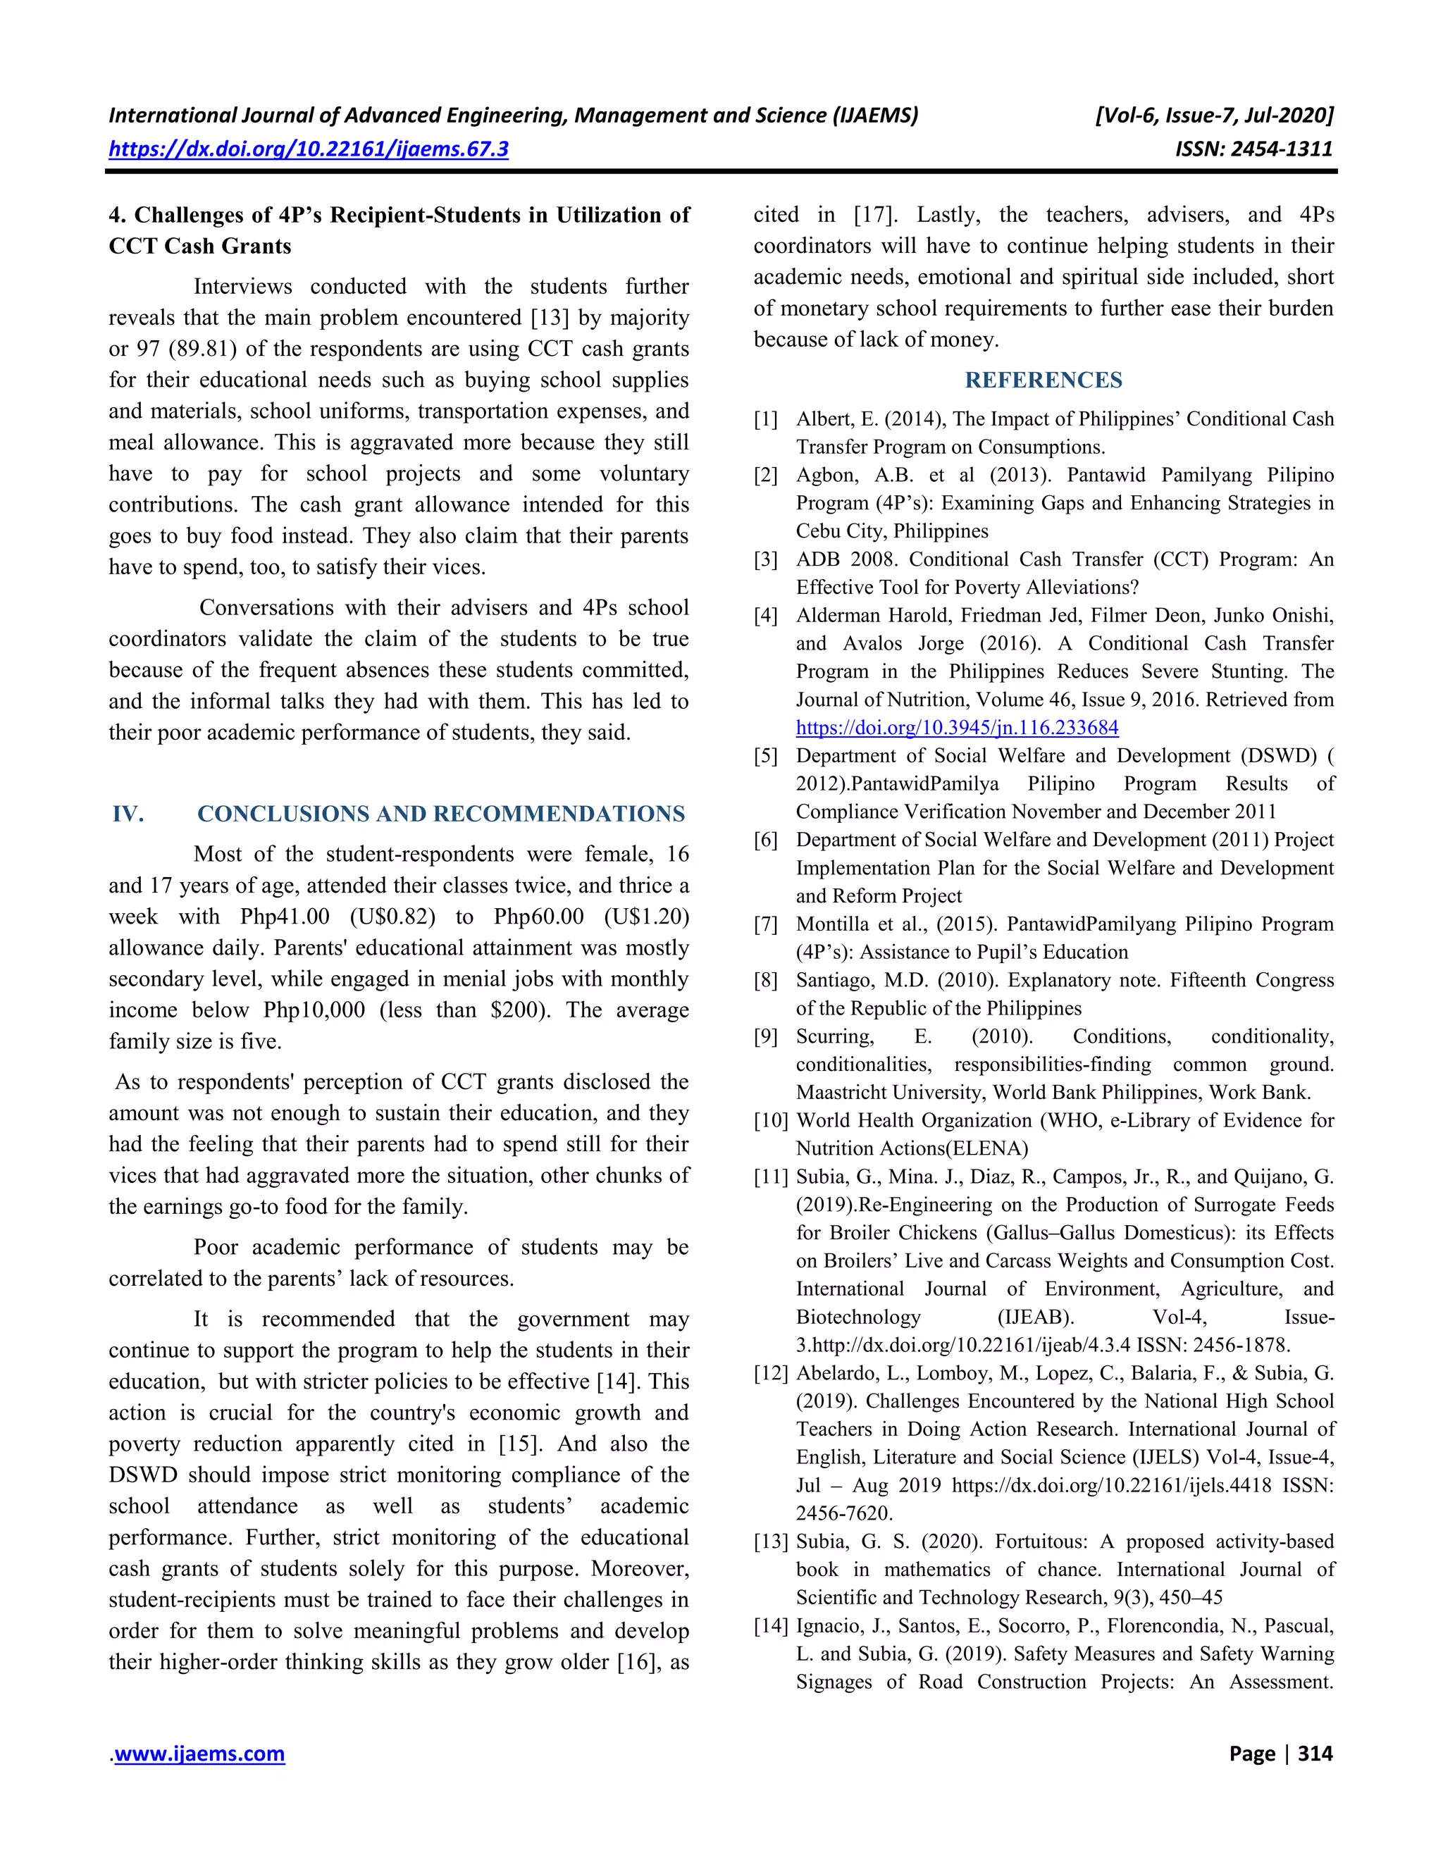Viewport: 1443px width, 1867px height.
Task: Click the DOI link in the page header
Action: (x=308, y=149)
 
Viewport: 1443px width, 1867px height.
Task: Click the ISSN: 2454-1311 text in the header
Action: (x=1253, y=149)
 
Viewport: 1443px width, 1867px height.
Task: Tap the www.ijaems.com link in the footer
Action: (x=199, y=1754)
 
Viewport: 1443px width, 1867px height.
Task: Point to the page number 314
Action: (x=1315, y=1754)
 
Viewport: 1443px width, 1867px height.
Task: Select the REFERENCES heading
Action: (x=1043, y=380)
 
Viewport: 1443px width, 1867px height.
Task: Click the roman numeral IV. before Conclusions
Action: (x=128, y=814)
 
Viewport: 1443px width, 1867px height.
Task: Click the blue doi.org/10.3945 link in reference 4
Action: (x=957, y=728)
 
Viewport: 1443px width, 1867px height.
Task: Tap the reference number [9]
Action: (x=766, y=1037)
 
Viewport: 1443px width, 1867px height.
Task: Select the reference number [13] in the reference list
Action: (x=769, y=1542)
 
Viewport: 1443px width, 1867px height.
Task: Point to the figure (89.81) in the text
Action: (x=204, y=349)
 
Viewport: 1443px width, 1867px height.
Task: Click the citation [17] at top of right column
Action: (x=871, y=216)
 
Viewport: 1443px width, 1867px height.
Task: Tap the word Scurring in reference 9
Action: (x=835, y=1037)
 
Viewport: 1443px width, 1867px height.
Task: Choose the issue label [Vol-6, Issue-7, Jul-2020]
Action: (x=1213, y=116)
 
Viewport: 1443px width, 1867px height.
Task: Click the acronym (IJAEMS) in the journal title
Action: (x=874, y=116)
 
